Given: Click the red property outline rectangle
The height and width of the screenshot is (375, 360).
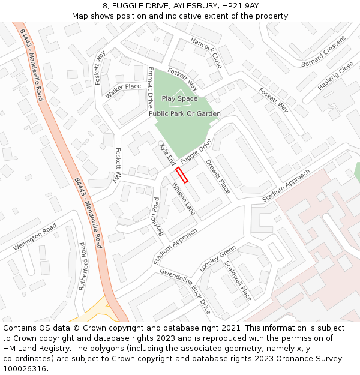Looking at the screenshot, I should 181,175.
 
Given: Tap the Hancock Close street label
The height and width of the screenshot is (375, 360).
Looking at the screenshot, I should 206,52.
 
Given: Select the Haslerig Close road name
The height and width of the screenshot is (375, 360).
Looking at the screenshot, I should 335,77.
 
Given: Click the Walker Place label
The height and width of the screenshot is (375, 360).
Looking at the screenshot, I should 123,91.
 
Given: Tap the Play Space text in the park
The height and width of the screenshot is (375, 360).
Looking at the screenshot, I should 179,98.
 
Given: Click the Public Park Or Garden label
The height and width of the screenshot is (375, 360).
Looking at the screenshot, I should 185,113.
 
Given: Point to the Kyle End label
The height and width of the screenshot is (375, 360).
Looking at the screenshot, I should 167,154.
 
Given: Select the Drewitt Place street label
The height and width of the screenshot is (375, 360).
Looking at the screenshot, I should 218,176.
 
